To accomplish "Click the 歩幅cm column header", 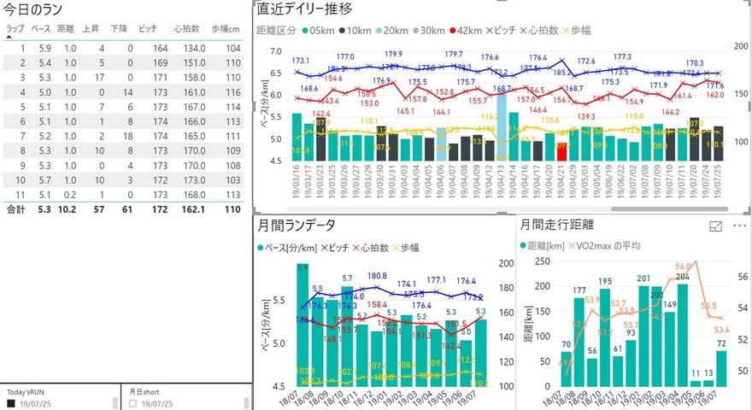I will coord(226,28).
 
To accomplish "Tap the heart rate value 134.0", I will coord(192,48).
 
